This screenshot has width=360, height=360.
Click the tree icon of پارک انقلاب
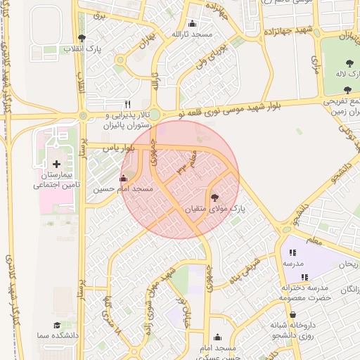82,38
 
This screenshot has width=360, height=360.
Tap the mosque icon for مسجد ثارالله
193,23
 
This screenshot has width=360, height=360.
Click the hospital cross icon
56,164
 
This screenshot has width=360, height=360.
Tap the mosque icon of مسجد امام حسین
124,179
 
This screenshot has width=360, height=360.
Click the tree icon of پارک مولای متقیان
214,198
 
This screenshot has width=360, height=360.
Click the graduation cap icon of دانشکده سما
56,326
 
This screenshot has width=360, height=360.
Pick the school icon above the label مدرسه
292,252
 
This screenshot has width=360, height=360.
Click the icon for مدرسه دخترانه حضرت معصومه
304,278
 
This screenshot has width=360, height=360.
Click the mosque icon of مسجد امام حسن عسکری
217,337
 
